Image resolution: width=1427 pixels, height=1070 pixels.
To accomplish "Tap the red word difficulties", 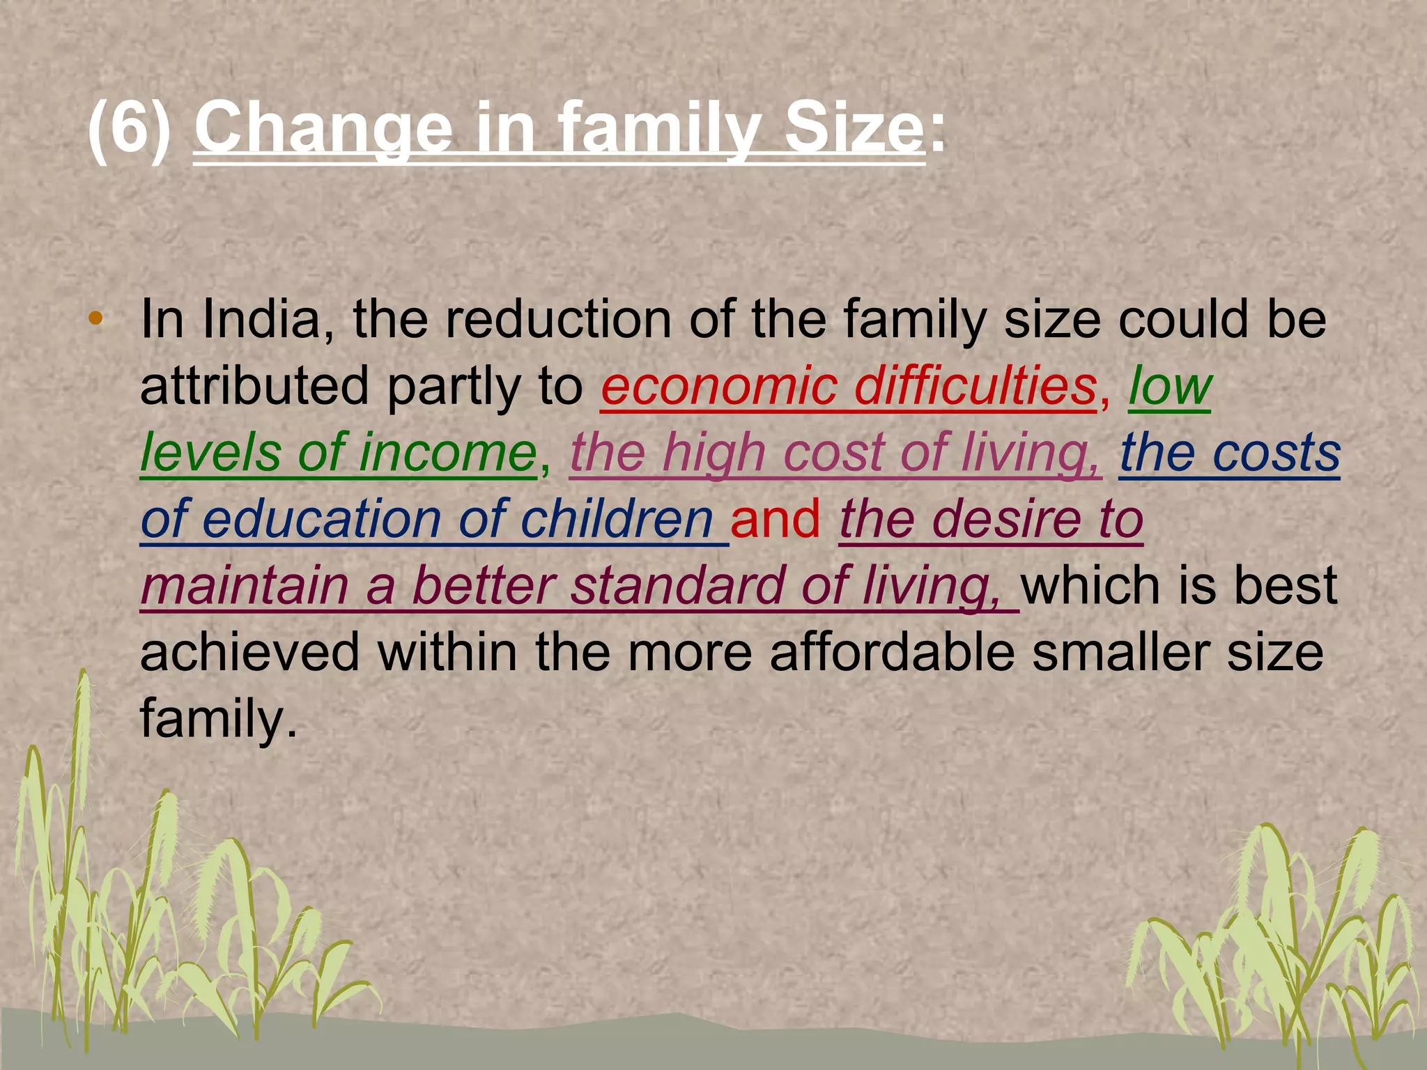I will coord(975,387).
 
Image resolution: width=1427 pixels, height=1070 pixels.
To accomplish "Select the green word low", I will coord(1170,387).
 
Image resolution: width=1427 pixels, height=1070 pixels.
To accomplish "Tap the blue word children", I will coord(617,519).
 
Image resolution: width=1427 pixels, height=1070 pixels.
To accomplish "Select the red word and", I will coord(776,519).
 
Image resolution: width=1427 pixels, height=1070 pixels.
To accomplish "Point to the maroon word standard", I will coord(677,585).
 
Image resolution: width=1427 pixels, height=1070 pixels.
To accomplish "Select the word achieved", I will coord(250,652).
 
